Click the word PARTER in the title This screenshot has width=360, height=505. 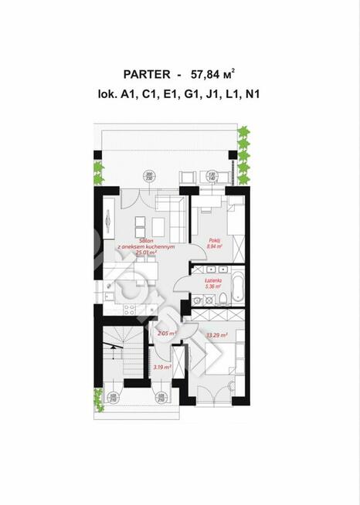[x=147, y=74]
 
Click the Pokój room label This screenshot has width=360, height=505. [x=215, y=240]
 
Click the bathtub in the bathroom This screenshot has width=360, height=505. [x=237, y=288]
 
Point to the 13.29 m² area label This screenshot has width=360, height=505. [x=219, y=335]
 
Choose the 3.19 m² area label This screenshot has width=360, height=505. [x=163, y=368]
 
